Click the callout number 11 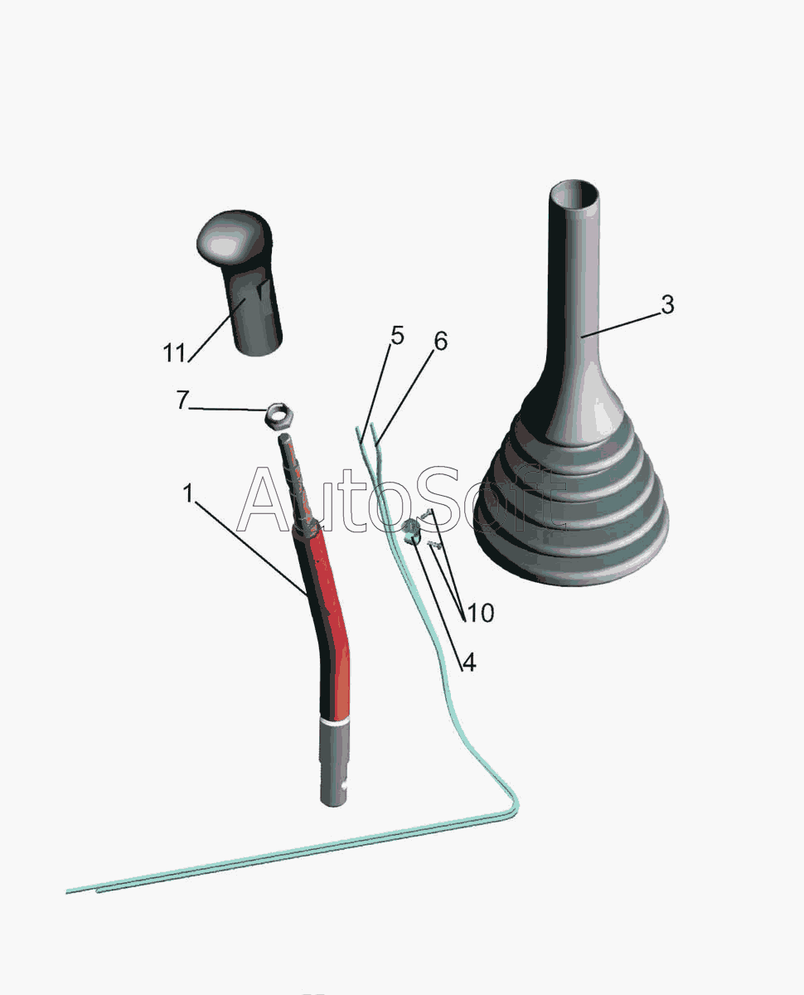(x=174, y=353)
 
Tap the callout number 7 (x=182, y=400)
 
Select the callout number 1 (x=188, y=493)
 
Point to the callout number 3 (x=668, y=304)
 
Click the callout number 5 (x=397, y=336)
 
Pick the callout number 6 (x=440, y=341)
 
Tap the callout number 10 (x=480, y=613)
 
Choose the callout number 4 (x=469, y=663)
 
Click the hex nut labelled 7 (x=278, y=414)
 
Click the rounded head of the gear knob (x=234, y=239)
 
